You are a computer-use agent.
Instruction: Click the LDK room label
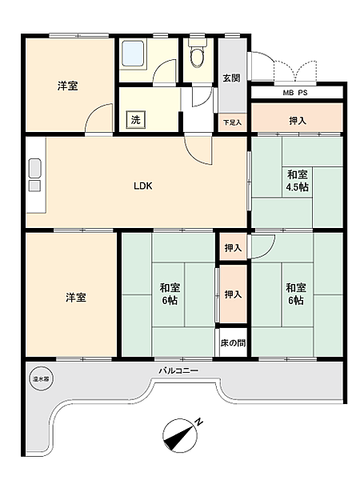[x=143, y=186]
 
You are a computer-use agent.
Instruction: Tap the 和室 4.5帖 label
[x=298, y=181]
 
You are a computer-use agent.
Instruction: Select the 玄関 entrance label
[x=231, y=78]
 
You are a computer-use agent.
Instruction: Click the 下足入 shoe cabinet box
[x=231, y=122]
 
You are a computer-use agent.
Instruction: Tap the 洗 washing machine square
[x=136, y=121]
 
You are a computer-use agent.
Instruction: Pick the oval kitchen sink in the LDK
[x=34, y=169]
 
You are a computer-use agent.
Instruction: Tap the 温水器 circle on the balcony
[x=40, y=380]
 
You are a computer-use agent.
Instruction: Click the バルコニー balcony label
[x=178, y=371]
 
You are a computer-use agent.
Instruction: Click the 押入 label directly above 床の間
[x=232, y=295]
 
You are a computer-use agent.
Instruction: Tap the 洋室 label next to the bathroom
[x=67, y=86]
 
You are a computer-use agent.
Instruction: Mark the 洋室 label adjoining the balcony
[x=76, y=298]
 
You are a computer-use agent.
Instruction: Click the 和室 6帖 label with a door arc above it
[x=293, y=294]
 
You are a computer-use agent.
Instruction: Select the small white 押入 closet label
[x=232, y=248]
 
